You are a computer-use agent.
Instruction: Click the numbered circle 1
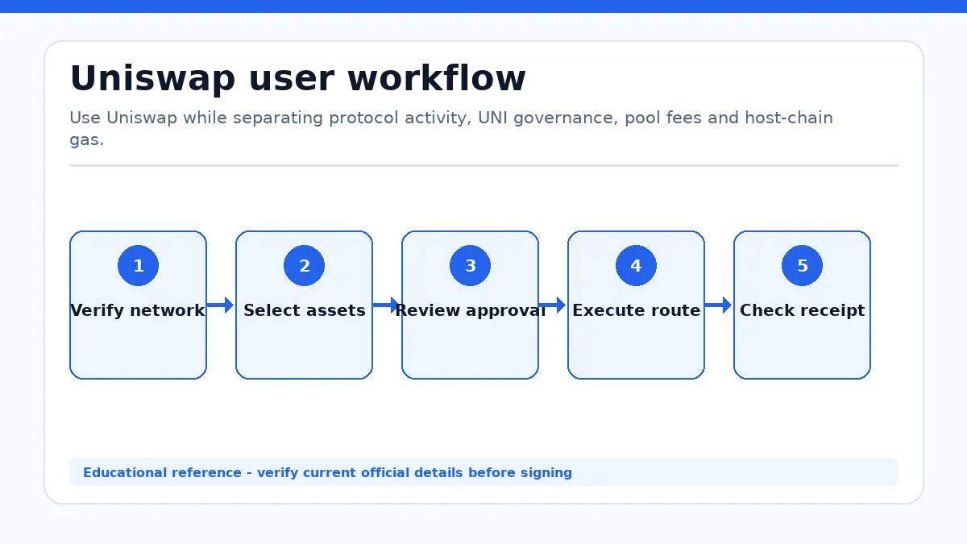138,265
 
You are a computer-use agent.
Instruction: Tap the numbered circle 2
304,265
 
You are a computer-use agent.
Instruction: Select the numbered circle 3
470,265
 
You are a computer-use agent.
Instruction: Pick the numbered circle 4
636,265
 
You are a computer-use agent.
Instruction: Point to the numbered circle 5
802,265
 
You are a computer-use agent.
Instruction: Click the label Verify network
138,310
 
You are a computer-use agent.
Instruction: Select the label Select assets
305,310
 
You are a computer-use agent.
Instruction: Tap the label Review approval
471,310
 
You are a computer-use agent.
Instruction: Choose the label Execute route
637,310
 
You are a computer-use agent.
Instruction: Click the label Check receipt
802,310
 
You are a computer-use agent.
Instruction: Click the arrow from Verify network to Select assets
220,305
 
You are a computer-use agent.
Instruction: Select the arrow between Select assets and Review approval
386,305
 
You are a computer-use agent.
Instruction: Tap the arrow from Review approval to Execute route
552,305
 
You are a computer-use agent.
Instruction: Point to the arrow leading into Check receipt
718,305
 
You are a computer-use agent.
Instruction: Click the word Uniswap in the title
153,79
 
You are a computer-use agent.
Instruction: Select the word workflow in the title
437,78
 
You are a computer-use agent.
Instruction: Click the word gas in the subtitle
85,141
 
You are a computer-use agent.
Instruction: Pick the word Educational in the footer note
125,473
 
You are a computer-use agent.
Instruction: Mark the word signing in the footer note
546,473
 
